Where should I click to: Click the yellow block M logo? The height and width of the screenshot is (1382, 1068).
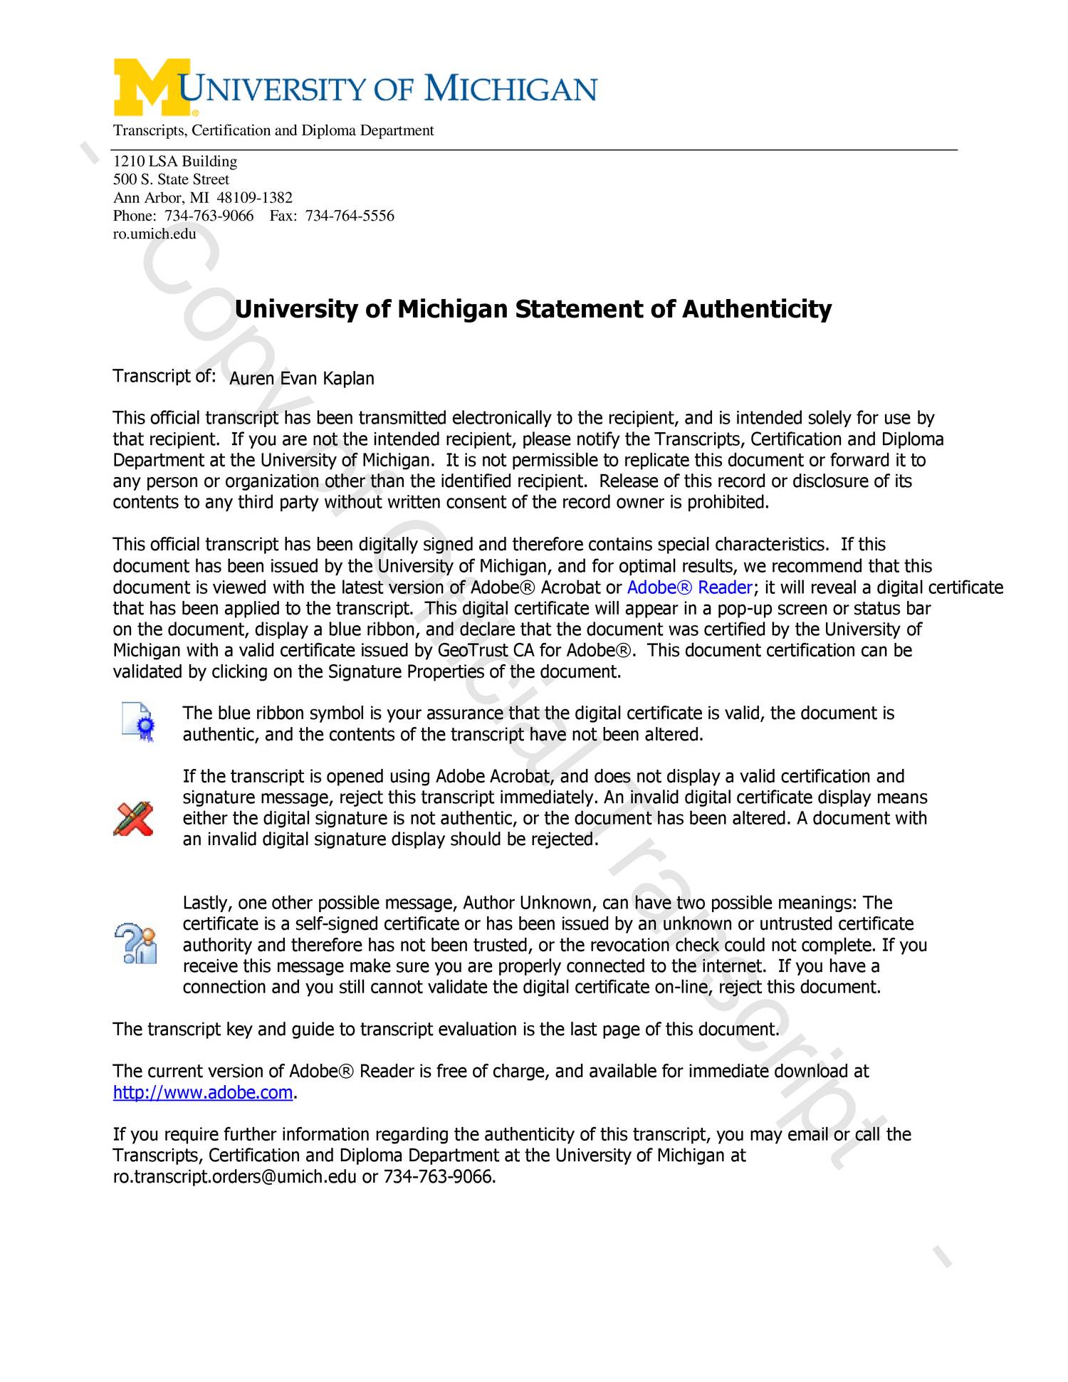(x=151, y=87)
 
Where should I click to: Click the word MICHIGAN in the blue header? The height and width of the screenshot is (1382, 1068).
(x=511, y=90)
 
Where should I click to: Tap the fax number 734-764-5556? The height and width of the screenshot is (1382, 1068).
(x=350, y=216)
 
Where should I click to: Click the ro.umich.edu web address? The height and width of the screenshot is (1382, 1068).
(x=155, y=234)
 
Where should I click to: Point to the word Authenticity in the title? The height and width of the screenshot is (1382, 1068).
(x=756, y=309)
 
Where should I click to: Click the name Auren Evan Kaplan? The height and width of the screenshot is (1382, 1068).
(x=301, y=378)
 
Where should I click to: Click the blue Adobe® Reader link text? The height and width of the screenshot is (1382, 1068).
(x=689, y=587)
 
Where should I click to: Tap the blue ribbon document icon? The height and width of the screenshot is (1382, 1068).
(x=138, y=722)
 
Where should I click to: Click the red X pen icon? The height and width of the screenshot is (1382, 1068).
(x=134, y=818)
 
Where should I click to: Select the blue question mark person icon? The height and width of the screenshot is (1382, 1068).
(x=136, y=943)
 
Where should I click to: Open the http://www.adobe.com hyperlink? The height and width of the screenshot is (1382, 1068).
(x=203, y=1092)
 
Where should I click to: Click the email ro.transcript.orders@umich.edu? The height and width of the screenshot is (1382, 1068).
(x=234, y=1176)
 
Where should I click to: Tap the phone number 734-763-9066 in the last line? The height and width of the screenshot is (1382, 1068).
(x=438, y=1176)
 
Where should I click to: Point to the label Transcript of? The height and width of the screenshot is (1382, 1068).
(x=164, y=376)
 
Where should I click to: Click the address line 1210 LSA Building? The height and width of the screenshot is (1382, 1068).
(x=175, y=162)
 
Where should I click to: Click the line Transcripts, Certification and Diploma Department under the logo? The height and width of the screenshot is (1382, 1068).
(x=273, y=130)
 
